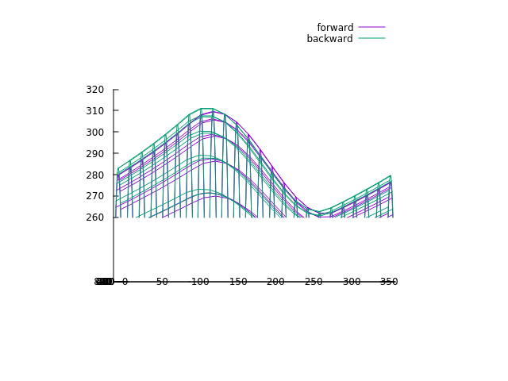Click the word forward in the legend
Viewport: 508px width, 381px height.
click(335, 28)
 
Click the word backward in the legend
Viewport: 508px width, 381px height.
click(329, 39)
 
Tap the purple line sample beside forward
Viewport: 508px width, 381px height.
click(371, 28)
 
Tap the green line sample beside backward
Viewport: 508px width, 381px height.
click(371, 39)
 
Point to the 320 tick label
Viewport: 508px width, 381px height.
click(95, 90)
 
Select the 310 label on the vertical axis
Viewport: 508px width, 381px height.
click(95, 111)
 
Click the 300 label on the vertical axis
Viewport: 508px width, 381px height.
click(95, 133)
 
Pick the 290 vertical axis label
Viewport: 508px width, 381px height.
click(95, 154)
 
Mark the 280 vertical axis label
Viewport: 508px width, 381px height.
click(95, 175)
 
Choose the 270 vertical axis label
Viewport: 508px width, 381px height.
click(95, 196)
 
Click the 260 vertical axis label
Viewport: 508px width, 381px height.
click(95, 217)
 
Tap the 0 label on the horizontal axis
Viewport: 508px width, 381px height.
click(125, 282)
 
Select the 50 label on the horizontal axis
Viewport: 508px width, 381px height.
click(162, 282)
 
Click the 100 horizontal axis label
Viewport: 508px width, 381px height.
click(200, 282)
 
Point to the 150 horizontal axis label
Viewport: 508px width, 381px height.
click(238, 282)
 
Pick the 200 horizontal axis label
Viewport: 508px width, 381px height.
click(275, 282)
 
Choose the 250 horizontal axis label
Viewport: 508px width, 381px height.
click(314, 282)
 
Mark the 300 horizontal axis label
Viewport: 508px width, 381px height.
click(352, 282)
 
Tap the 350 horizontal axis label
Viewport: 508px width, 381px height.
click(389, 282)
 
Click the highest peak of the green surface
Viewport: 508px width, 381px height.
click(206, 108)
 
